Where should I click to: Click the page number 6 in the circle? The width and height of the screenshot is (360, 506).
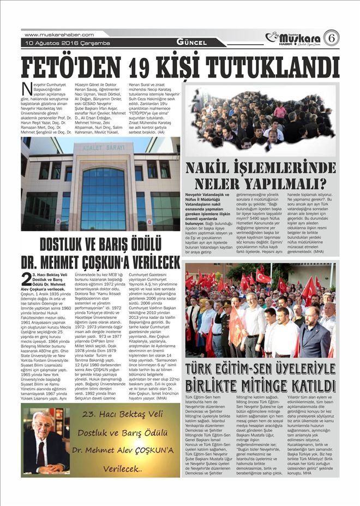pos(331,38)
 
